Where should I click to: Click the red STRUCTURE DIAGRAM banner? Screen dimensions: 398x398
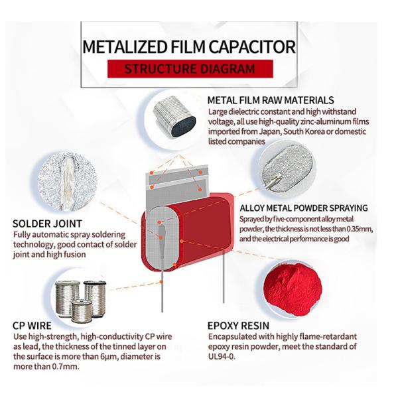coord(189,68)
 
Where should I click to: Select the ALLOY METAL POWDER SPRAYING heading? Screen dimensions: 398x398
coord(303,208)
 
